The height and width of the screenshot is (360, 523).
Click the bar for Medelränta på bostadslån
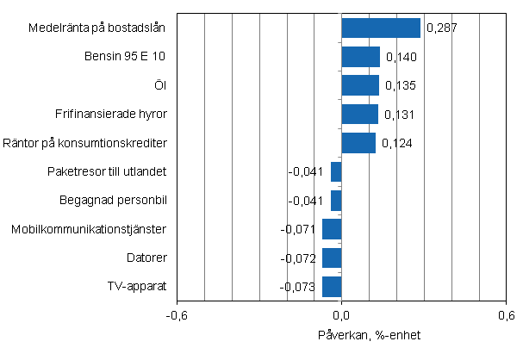point(381,28)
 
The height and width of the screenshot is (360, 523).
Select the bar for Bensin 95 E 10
point(360,57)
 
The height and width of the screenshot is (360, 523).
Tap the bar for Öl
point(360,85)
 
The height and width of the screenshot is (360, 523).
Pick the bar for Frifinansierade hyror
point(359,114)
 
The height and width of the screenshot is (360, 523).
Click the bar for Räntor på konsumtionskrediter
point(358,143)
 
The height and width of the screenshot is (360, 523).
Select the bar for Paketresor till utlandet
point(336,171)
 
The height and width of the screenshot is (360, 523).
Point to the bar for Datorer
point(332,258)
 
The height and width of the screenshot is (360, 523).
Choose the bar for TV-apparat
point(332,286)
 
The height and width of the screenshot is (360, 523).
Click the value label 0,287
point(441,28)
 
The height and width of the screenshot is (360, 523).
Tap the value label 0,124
point(396,143)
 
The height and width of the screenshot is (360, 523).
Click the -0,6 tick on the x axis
point(177,315)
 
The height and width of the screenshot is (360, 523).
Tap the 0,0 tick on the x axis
point(342,315)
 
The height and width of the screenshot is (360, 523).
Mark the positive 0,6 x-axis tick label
point(507,315)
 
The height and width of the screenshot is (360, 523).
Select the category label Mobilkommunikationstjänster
point(89,229)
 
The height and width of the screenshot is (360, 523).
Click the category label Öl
point(159,85)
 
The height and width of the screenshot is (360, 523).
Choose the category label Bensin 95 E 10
point(125,57)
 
